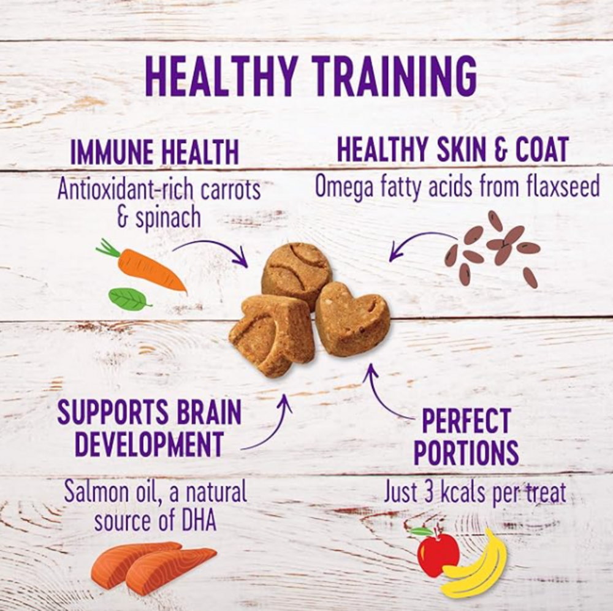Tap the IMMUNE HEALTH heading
[x=154, y=153]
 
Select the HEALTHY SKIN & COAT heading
[x=452, y=150]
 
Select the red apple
[x=437, y=553]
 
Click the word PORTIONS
[x=466, y=452]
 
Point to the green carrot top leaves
[x=108, y=248]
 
